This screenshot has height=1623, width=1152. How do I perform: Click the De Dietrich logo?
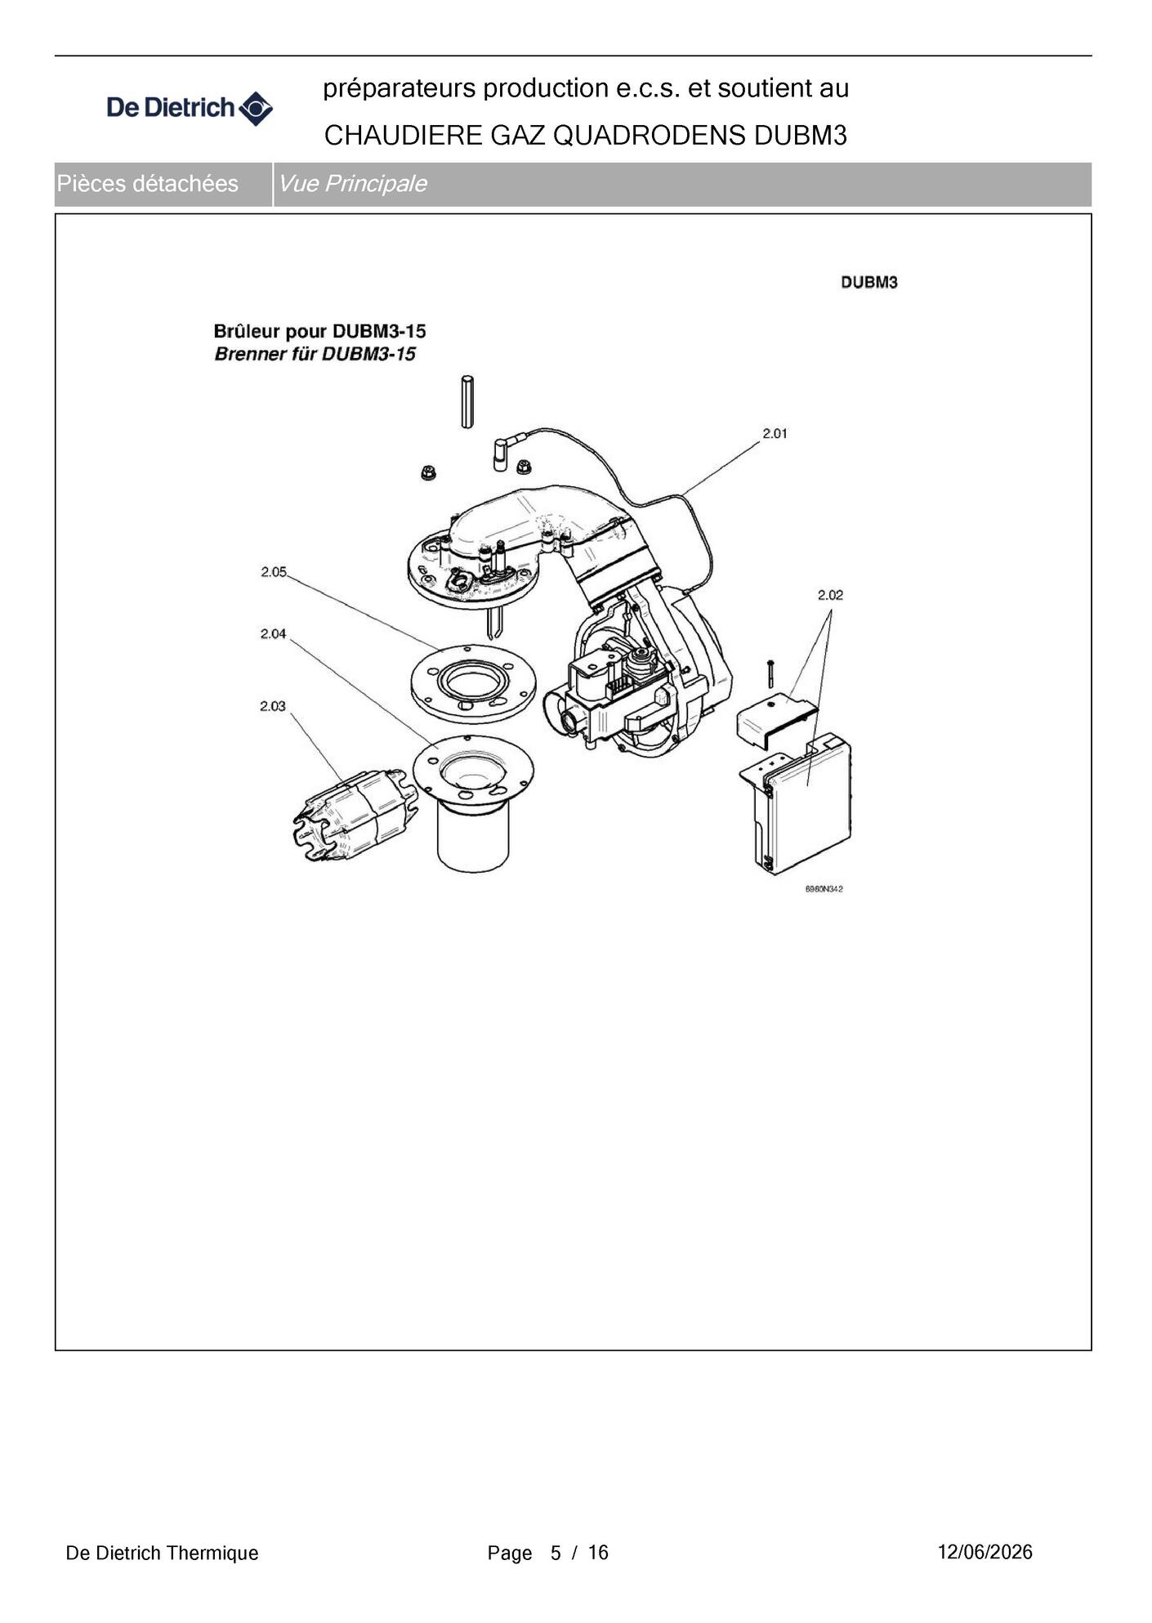point(190,108)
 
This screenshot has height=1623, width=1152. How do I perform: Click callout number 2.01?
point(775,433)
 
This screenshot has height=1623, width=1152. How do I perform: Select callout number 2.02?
point(830,595)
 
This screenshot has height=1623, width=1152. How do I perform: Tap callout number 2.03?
point(273,706)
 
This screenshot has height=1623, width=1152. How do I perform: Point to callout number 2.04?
point(273,633)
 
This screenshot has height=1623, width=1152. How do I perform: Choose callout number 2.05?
point(274,572)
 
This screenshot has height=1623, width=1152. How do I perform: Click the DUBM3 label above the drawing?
point(869,282)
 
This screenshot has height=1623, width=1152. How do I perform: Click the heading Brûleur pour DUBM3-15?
point(319,331)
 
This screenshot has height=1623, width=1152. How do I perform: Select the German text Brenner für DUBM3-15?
point(315,354)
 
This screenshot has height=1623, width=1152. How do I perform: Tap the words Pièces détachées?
point(147,184)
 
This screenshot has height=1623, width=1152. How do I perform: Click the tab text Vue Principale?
point(352,184)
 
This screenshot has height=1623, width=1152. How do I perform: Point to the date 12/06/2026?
point(985,1552)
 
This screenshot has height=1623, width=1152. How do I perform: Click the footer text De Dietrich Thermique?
point(162,1553)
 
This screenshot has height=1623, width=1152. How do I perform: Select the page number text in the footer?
point(548,1553)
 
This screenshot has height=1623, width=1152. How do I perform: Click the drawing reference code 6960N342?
point(824,889)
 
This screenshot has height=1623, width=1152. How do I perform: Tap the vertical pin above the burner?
point(467,401)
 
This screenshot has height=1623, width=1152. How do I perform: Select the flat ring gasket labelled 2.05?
point(473,682)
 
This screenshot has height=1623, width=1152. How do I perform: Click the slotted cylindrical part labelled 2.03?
point(355,815)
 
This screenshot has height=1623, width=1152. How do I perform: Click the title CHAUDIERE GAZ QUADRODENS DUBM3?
point(586,136)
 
